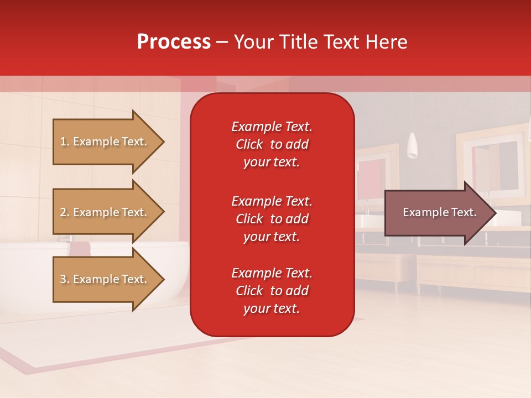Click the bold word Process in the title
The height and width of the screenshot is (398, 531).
(174, 42)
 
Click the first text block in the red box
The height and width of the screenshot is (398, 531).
(272, 144)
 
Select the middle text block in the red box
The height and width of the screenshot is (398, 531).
(272, 219)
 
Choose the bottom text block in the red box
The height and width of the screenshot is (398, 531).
(272, 291)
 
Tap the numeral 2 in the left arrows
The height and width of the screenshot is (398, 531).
(63, 212)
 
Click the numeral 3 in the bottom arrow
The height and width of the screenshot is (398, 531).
(63, 279)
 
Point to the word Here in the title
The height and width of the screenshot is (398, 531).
(387, 42)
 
